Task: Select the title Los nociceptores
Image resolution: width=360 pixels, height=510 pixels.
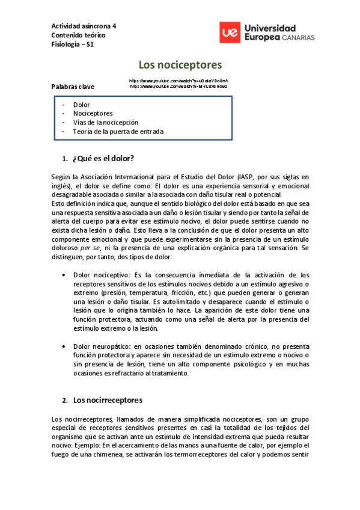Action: point(180,64)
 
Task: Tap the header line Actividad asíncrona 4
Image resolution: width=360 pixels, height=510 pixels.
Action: point(84,26)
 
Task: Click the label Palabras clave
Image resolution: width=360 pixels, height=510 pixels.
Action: point(73,87)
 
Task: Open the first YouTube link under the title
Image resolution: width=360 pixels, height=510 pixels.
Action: point(178,80)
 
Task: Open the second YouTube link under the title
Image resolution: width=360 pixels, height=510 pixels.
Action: point(178,86)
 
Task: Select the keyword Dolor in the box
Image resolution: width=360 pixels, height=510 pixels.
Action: point(81,105)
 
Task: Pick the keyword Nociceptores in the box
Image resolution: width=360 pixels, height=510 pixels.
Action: point(93,113)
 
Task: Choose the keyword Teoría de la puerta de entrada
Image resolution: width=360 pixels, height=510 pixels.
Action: point(118,131)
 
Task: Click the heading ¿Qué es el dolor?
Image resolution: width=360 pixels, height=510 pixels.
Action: point(103,159)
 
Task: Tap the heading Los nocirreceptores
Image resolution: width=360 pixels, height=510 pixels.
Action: point(107,399)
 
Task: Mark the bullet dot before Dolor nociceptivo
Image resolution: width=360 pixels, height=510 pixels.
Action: point(64,275)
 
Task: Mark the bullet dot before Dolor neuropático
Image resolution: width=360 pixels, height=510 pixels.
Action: point(64,347)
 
